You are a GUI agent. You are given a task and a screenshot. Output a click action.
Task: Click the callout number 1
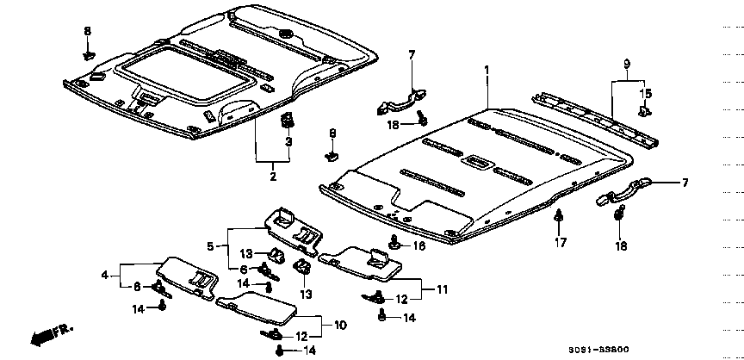click(x=486, y=71)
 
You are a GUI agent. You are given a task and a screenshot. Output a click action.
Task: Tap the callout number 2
click(x=273, y=177)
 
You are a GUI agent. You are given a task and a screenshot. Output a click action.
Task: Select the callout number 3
click(x=288, y=141)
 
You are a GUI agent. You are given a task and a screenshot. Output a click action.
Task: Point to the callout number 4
click(x=105, y=275)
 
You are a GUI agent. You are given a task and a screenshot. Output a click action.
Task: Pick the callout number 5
click(x=210, y=246)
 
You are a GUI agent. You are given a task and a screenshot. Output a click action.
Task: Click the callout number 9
click(x=627, y=64)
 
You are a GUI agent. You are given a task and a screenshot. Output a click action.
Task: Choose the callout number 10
click(x=340, y=326)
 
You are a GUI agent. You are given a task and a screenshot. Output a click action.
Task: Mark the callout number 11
click(x=442, y=289)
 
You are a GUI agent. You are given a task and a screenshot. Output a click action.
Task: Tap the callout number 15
click(x=646, y=93)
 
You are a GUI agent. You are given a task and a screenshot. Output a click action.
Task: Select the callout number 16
click(x=419, y=245)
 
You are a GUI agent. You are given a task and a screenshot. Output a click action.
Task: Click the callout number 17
click(x=561, y=243)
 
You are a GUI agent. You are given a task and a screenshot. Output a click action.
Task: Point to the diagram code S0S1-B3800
click(x=598, y=350)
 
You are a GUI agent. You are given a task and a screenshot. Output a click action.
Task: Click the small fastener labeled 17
click(x=560, y=215)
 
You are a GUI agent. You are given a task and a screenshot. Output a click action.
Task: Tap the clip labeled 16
click(x=394, y=244)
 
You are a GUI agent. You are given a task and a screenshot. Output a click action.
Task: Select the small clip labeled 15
click(x=645, y=110)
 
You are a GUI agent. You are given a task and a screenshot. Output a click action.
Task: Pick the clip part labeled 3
click(x=287, y=121)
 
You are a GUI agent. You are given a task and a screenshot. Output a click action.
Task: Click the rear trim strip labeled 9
click(x=596, y=119)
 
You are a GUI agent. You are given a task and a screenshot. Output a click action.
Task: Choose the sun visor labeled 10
click(x=257, y=307)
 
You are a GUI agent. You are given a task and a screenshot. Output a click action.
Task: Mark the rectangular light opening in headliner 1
click(x=480, y=161)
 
